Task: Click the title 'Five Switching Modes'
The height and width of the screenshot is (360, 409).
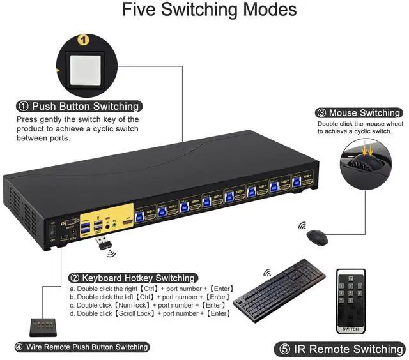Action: pyautogui.click(x=204, y=11)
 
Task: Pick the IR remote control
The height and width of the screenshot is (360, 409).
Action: pyautogui.click(x=351, y=300)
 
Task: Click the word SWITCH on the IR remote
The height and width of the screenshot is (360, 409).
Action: pyautogui.click(x=351, y=329)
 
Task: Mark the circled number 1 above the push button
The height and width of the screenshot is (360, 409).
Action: pyautogui.click(x=82, y=40)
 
